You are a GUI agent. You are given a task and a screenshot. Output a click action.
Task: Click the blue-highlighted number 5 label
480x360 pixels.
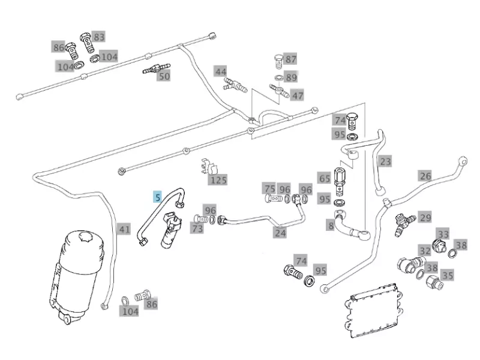[157, 196]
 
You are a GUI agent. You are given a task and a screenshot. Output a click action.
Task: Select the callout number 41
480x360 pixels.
[124, 229]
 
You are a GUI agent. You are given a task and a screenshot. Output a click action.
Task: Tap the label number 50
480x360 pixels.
[164, 76]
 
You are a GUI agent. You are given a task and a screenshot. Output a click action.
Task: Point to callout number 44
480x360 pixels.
[221, 71]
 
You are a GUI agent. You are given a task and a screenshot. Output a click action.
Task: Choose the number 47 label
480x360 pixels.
[297, 95]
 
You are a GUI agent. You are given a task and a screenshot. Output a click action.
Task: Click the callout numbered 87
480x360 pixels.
[291, 59]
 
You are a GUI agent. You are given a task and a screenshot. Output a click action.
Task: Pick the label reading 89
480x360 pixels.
[291, 77]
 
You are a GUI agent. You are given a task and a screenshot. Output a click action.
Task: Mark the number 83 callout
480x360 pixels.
[99, 37]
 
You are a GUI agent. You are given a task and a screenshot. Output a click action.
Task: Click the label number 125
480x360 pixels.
[218, 179]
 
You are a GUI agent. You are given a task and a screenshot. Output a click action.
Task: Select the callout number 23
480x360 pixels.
[385, 161]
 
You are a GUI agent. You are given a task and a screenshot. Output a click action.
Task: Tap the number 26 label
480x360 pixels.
[425, 176]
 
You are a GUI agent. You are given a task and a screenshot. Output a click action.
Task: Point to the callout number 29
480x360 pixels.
[425, 217]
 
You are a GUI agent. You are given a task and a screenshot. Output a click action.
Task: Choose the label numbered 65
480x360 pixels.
[324, 178]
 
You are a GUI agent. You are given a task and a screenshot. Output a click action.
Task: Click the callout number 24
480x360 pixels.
[280, 233]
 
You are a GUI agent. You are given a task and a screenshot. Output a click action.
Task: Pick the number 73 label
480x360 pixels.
[197, 228]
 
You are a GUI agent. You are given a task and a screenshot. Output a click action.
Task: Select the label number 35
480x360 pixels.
[448, 275]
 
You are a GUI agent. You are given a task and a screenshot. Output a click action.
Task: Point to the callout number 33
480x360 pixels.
[443, 234]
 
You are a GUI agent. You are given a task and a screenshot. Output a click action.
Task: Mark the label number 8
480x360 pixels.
[331, 226]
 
